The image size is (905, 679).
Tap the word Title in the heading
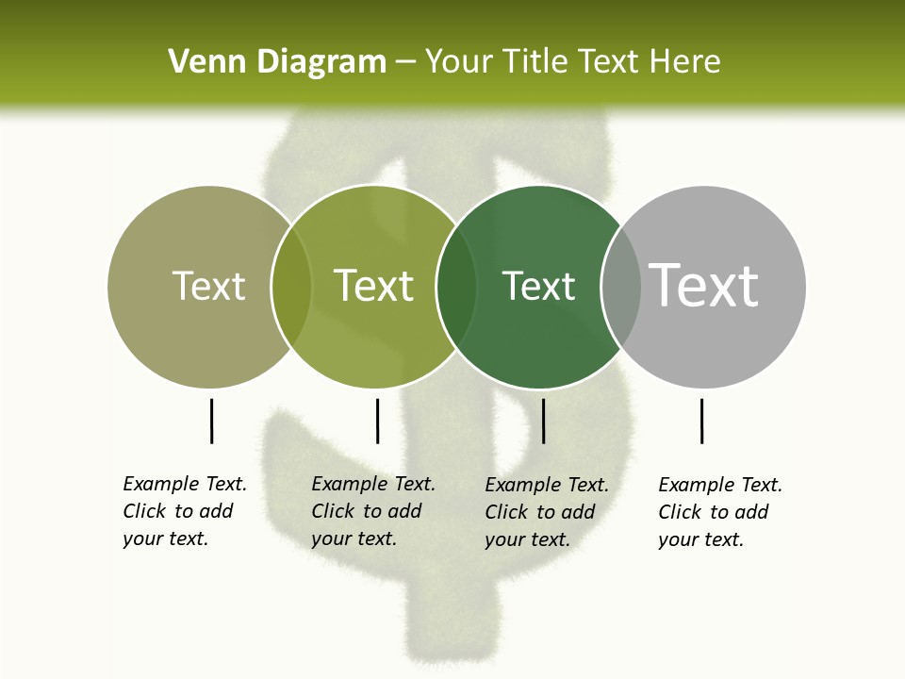click(539, 62)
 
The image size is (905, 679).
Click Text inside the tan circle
click(208, 286)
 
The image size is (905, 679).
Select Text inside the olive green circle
click(373, 286)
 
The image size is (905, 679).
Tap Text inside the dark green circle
click(538, 286)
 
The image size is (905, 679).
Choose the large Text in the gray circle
click(704, 286)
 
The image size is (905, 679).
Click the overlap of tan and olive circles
click(291, 287)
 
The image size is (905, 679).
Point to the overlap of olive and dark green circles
click(456, 287)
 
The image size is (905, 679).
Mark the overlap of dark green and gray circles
click(621, 287)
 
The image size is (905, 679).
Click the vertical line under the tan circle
click(211, 421)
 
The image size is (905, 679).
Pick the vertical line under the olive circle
click(377, 421)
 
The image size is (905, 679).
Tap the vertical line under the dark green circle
click(543, 421)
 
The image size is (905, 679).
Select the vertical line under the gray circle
click(701, 421)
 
